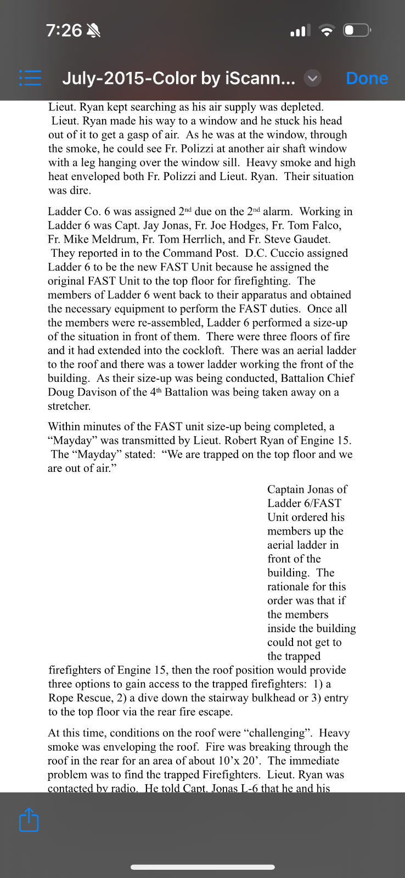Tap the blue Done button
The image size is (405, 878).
pyautogui.click(x=367, y=78)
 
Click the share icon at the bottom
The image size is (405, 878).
pyautogui.click(x=29, y=820)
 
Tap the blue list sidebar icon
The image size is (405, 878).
pyautogui.click(x=30, y=78)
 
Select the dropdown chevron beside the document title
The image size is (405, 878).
pyautogui.click(x=312, y=78)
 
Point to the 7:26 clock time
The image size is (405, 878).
pyautogui.click(x=64, y=30)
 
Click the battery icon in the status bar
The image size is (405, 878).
pyautogui.click(x=357, y=30)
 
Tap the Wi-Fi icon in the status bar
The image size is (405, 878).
pyautogui.click(x=327, y=31)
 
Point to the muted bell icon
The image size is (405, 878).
pyautogui.click(x=94, y=31)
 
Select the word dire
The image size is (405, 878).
pyautogui.click(x=80, y=190)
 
